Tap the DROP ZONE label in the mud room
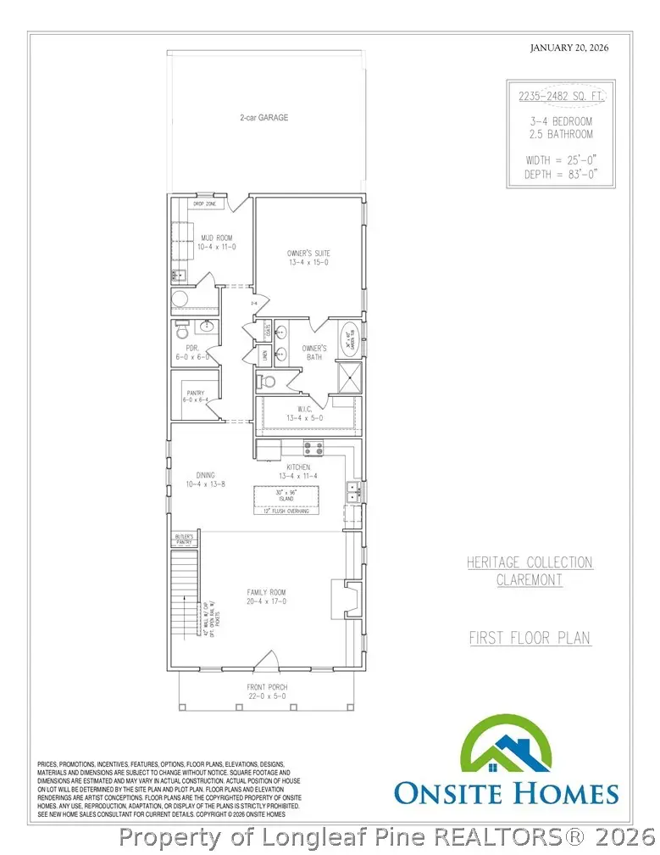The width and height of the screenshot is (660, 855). point(203,204)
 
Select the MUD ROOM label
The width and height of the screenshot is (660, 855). point(215,243)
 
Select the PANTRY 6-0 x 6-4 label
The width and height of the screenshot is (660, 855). point(195,397)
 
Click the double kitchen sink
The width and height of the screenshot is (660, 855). point(353,489)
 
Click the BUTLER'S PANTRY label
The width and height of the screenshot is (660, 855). point(185,539)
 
